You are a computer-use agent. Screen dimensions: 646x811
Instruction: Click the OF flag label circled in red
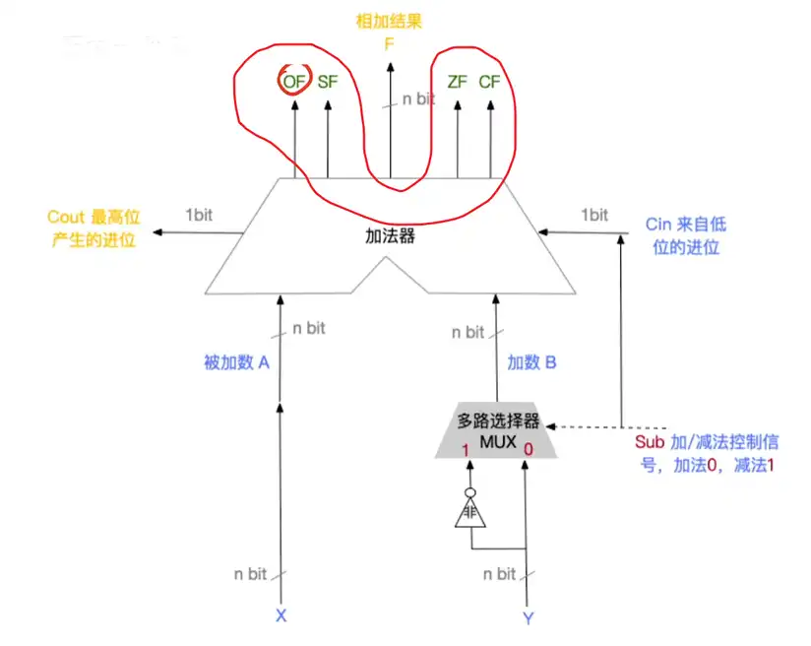293,82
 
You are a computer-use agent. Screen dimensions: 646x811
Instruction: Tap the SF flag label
327,82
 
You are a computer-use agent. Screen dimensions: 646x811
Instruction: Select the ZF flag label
457,82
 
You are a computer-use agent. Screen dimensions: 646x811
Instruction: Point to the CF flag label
489,82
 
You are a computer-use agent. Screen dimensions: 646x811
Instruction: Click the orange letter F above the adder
391,43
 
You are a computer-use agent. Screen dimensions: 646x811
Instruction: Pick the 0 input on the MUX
529,450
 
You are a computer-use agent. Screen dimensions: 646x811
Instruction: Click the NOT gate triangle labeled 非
470,513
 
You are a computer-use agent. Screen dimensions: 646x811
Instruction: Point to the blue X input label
281,616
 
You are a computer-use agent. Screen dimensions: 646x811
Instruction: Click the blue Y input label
528,618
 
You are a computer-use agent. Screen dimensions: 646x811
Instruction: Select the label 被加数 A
236,362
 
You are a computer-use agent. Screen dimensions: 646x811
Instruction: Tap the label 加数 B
531,362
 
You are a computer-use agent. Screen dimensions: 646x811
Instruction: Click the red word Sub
650,443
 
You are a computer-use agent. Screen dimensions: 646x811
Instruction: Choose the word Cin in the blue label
657,225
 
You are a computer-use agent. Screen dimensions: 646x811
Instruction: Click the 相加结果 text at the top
391,22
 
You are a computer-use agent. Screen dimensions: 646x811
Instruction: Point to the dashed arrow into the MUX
591,427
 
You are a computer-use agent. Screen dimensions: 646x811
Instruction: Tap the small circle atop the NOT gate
470,491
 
